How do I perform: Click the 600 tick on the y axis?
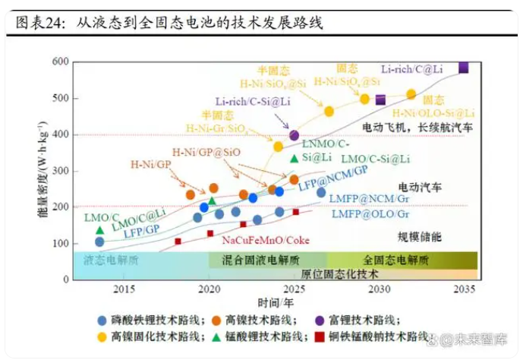[61, 62]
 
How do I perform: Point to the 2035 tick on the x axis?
[465, 289]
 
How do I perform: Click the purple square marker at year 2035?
[463, 68]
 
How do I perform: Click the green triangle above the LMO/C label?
[99, 230]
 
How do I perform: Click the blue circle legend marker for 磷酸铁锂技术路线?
[102, 320]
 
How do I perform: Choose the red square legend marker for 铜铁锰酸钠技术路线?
[322, 336]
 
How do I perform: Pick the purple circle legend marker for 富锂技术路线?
[320, 320]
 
